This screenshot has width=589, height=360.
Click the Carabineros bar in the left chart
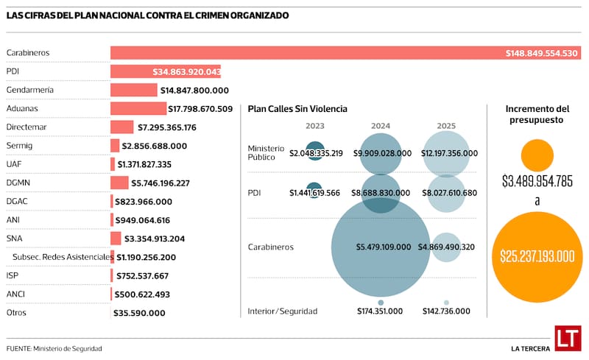point(294,53)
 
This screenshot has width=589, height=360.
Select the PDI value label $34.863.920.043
point(187,71)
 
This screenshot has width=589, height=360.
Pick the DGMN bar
point(119,183)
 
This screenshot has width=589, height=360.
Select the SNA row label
point(14,239)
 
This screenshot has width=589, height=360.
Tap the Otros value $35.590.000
point(139,313)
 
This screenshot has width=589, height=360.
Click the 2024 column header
point(381,126)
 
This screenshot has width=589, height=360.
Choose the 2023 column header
point(314,126)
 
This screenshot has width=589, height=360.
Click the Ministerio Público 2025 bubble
point(446,152)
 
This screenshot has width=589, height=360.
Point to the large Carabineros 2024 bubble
point(381,247)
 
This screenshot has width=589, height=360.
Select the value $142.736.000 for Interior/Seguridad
point(446,311)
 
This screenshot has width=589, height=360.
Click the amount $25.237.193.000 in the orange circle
point(537,256)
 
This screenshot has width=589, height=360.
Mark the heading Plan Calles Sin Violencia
point(297,109)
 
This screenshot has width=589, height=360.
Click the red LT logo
point(568,338)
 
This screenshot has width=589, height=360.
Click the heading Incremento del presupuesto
point(537,115)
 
